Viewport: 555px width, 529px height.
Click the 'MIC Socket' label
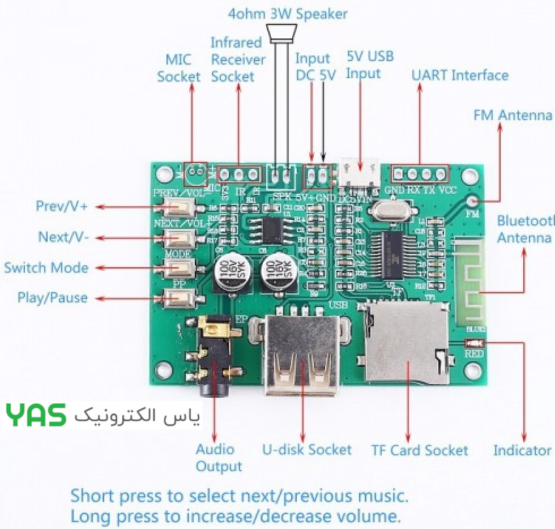coord(178,67)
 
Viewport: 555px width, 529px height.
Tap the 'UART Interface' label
coord(459,75)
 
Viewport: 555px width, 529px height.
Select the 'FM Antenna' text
coord(512,116)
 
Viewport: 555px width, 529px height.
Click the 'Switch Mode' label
coord(46,267)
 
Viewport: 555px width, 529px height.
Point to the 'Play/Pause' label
coord(52,297)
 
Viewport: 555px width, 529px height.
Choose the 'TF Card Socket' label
coord(420,451)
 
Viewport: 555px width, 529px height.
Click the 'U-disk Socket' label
coord(306,450)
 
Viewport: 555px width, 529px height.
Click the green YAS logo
coord(36,416)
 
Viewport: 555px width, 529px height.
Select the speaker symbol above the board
coord(283,35)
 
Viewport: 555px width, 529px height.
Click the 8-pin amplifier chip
coord(272,230)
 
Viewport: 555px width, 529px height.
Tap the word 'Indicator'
coord(522,451)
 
